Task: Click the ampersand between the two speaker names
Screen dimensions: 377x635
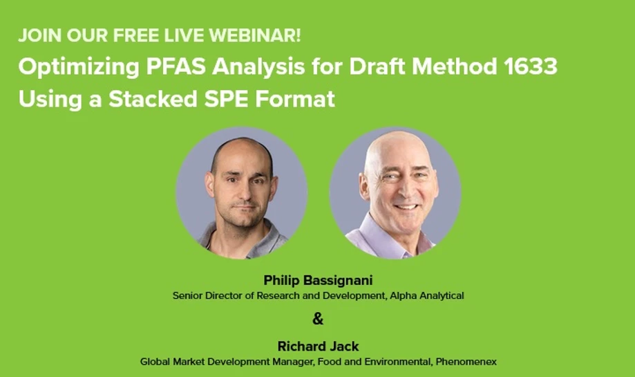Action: [318, 319]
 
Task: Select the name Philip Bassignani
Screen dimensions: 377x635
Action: [318, 281]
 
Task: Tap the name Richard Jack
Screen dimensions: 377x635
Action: [318, 346]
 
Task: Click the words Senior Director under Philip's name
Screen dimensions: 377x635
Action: [207, 295]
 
